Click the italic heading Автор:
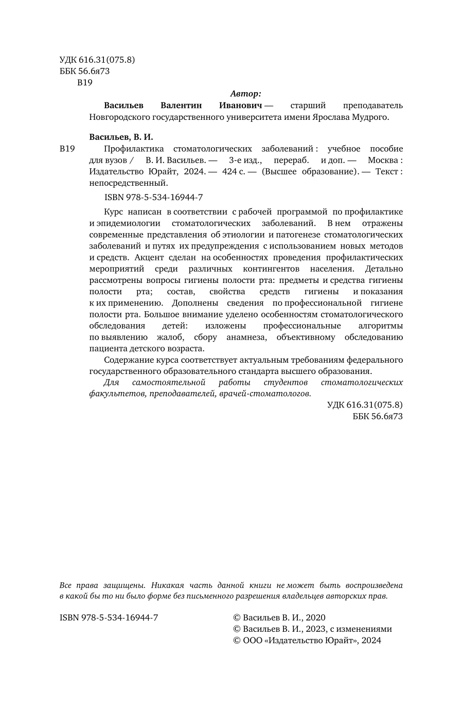[x=245, y=94]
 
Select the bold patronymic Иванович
[x=241, y=105]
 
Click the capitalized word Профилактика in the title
[x=131, y=149]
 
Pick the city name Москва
[x=385, y=160]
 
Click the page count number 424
[x=228, y=171]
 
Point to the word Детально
[x=384, y=269]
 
